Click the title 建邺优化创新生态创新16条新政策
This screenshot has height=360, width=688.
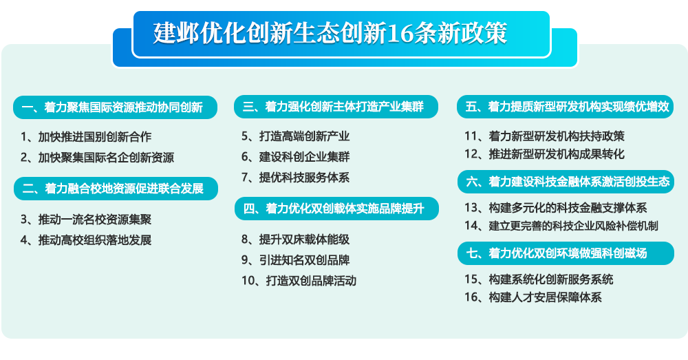(330, 33)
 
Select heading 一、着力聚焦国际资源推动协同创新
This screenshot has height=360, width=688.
(112, 107)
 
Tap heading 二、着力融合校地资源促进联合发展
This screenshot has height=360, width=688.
(113, 189)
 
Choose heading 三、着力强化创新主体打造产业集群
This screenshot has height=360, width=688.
(333, 107)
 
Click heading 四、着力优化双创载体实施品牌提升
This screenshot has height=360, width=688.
(334, 209)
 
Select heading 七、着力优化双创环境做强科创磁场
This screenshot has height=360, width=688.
(557, 253)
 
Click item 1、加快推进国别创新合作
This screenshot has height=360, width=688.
(86, 137)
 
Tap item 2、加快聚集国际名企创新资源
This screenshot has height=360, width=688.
(98, 158)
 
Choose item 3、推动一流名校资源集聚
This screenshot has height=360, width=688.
(86, 220)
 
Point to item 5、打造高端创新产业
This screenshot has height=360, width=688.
(295, 136)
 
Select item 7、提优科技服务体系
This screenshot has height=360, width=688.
(295, 178)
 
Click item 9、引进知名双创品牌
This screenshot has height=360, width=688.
(295, 260)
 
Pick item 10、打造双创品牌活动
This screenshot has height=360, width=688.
(299, 281)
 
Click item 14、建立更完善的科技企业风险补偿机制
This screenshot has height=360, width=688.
(561, 226)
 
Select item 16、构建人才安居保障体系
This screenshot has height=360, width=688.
(533, 297)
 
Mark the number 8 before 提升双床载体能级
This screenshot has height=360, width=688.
(246, 240)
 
